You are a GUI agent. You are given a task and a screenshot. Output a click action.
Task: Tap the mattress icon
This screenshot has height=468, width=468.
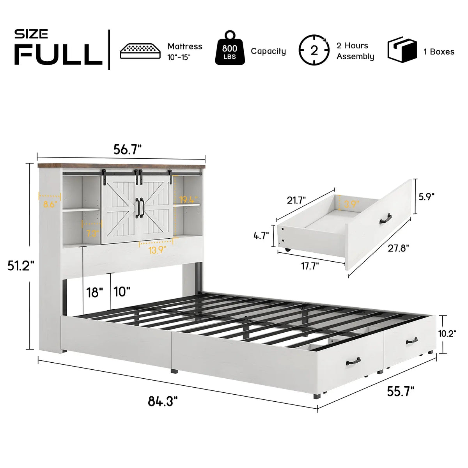(x=140, y=51)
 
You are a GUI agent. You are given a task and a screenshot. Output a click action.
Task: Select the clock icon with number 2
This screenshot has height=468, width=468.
(x=314, y=50)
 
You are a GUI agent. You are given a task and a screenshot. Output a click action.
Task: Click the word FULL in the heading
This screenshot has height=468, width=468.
(x=58, y=54)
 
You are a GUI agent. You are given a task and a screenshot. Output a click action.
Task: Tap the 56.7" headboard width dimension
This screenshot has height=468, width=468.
(x=128, y=150)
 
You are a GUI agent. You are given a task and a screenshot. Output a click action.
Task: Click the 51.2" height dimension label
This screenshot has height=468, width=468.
(x=21, y=266)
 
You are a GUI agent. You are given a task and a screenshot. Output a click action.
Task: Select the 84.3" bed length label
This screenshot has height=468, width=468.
(x=163, y=401)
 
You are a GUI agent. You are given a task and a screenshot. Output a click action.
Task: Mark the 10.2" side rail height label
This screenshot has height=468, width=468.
(x=447, y=334)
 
